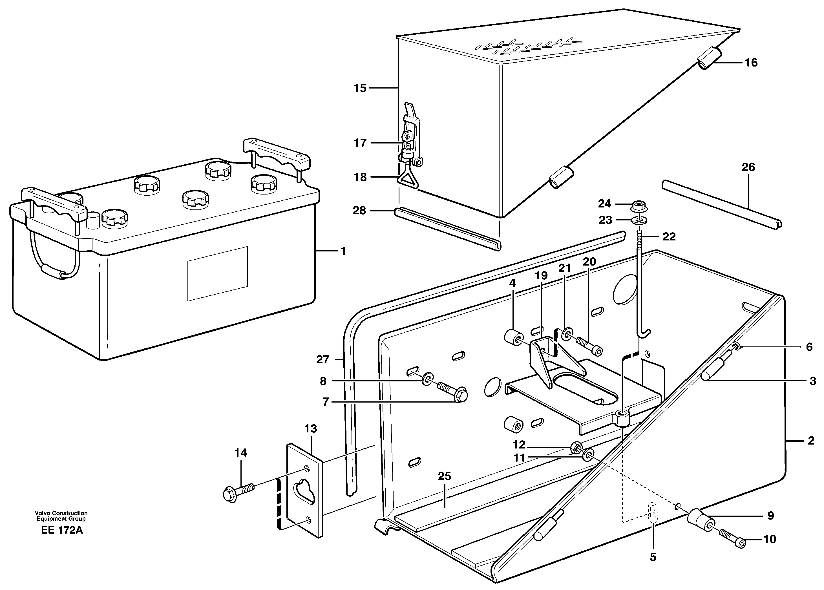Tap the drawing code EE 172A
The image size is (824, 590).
(x=62, y=530)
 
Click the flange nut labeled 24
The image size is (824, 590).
(x=637, y=206)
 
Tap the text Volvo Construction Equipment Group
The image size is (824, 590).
(x=61, y=516)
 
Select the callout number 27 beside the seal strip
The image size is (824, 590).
(x=322, y=360)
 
